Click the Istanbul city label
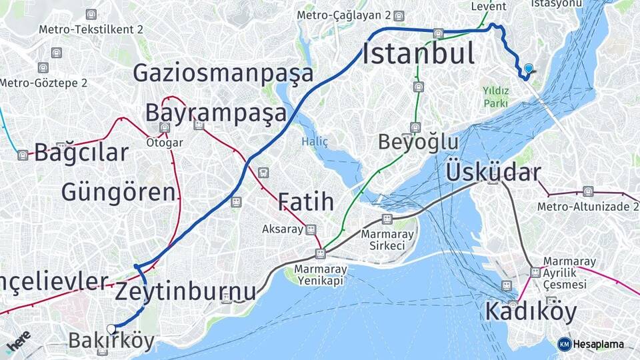pos(419,53)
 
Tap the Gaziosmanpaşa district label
pos(223,73)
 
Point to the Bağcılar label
pos(81,153)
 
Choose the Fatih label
pos(305,201)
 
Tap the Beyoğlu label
pos(418,142)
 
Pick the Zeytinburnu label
pos(185,291)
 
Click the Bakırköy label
pos(111,341)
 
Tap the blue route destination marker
pos(529,68)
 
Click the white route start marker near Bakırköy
pos(111,328)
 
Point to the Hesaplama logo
pos(591,344)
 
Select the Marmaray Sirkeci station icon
pos(387,219)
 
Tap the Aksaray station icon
pos(310,229)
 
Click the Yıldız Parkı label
pos(495,97)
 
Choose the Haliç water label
pos(315,141)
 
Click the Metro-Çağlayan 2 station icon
pos(399,15)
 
